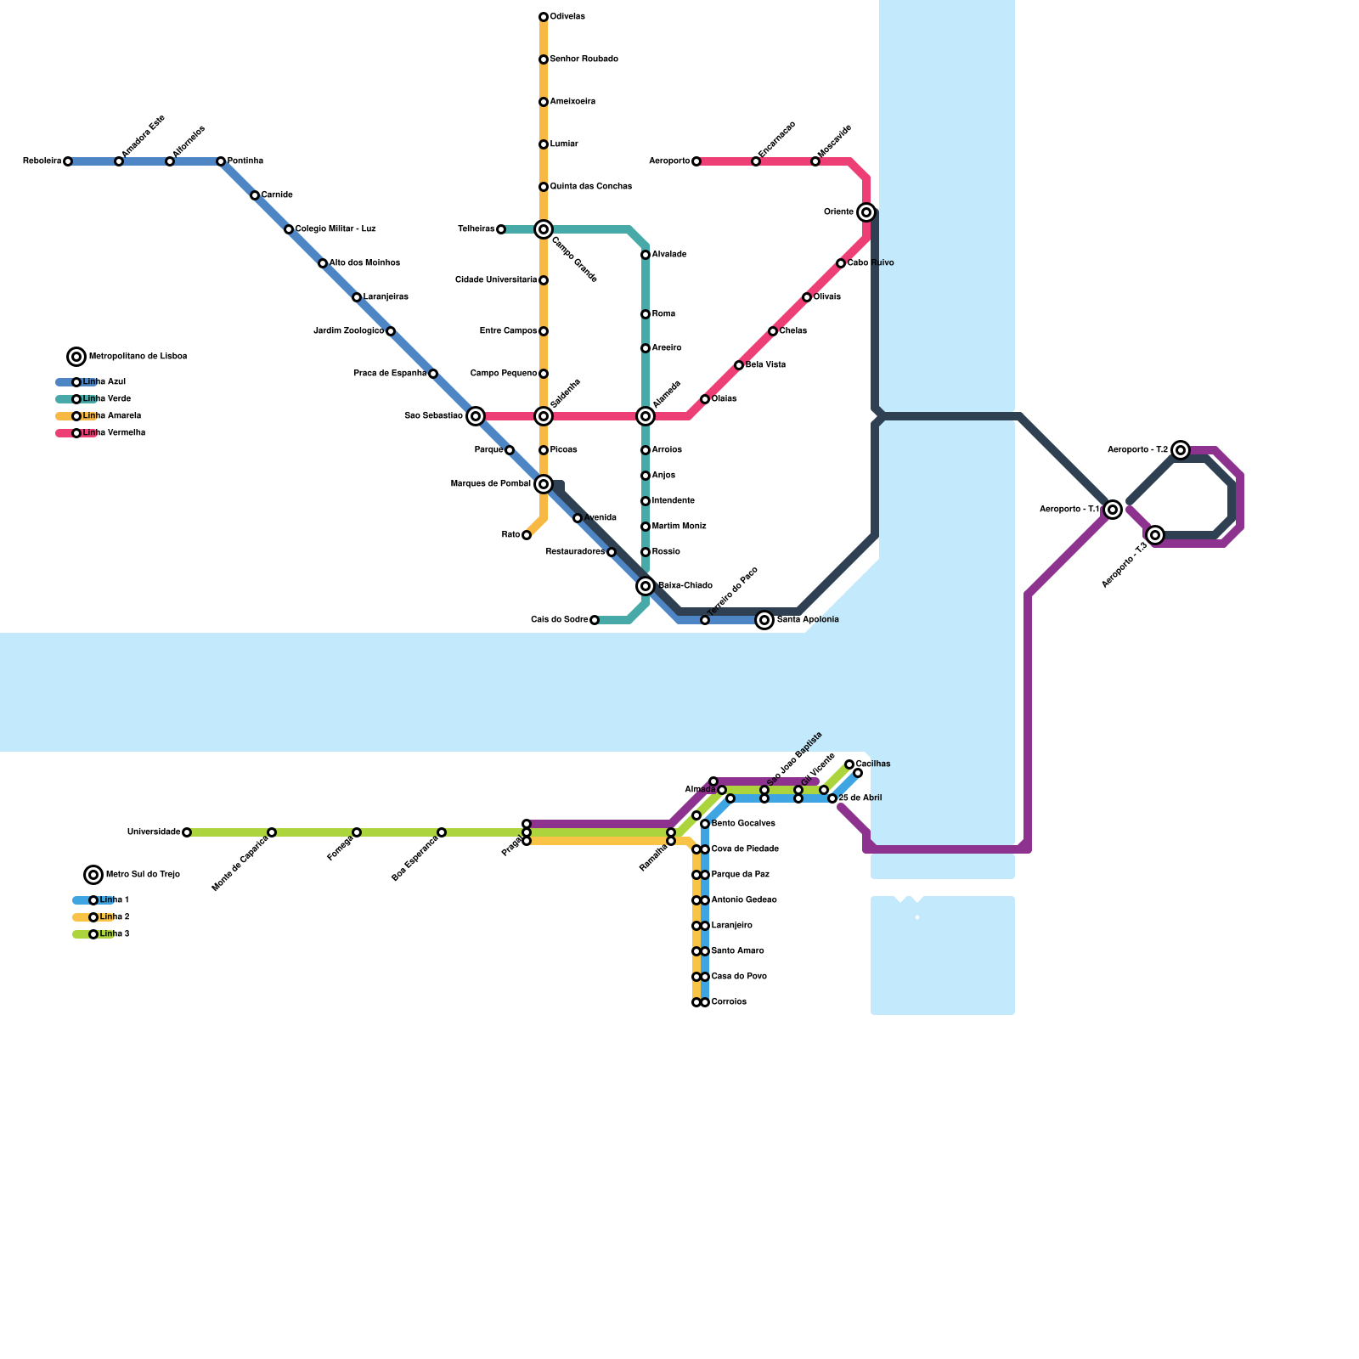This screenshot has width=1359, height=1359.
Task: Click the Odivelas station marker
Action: [x=544, y=17]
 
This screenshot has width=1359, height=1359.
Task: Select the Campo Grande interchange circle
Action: [x=544, y=229]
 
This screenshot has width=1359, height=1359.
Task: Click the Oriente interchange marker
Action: [x=866, y=212]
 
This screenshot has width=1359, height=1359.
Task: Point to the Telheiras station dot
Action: [x=501, y=229]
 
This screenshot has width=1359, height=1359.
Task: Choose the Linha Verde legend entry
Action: [x=106, y=399]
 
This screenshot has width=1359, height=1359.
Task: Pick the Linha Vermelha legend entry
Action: [x=113, y=433]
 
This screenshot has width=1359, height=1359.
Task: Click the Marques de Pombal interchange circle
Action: [x=544, y=484]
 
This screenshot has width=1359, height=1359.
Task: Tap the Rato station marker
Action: [x=527, y=535]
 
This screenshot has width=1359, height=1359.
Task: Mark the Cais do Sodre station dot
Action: [x=595, y=620]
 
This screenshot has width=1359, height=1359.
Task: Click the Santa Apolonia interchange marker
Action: [x=764, y=620]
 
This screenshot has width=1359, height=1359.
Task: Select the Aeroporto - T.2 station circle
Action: [x=1181, y=450]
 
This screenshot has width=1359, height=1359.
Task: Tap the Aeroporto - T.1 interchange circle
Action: [x=1113, y=510]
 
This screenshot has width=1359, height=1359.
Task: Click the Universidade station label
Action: [x=154, y=832]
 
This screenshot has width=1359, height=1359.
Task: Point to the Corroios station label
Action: [x=729, y=1002]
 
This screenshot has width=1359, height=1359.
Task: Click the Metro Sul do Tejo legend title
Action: [x=143, y=875]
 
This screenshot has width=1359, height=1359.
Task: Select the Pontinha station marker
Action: [x=221, y=161]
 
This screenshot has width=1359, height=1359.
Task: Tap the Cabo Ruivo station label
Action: [x=871, y=263]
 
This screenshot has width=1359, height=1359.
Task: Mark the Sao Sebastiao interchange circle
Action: [x=476, y=416]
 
